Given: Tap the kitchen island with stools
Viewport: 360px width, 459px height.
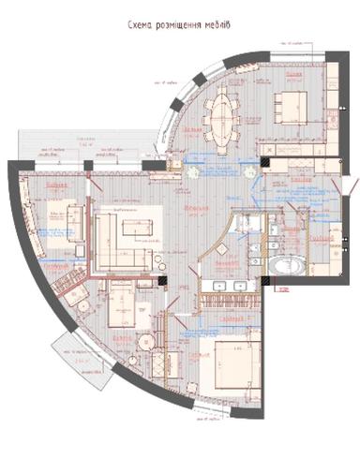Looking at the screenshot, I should click(x=289, y=102).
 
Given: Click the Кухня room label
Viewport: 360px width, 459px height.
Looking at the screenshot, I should click(x=292, y=74).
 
